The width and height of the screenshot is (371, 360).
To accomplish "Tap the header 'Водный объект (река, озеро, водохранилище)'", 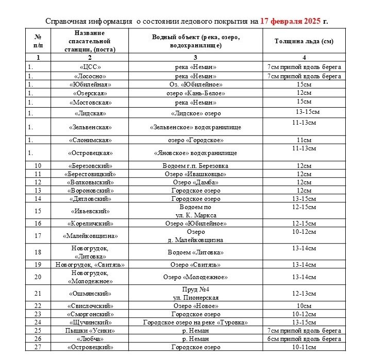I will point(196,41).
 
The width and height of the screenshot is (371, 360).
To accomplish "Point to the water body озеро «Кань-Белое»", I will point(196,93).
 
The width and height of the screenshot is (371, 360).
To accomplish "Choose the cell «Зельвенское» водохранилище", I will point(196,127).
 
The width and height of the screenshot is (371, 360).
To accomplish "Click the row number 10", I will point(38,166).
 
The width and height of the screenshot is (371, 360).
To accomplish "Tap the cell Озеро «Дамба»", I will point(196,182).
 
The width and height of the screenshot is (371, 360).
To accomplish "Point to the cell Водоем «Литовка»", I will point(196,252).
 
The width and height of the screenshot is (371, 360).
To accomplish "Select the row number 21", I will point(38,294).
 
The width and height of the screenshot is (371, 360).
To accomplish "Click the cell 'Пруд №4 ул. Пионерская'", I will point(196,294).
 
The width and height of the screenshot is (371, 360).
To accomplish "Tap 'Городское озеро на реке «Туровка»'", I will point(196,322).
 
